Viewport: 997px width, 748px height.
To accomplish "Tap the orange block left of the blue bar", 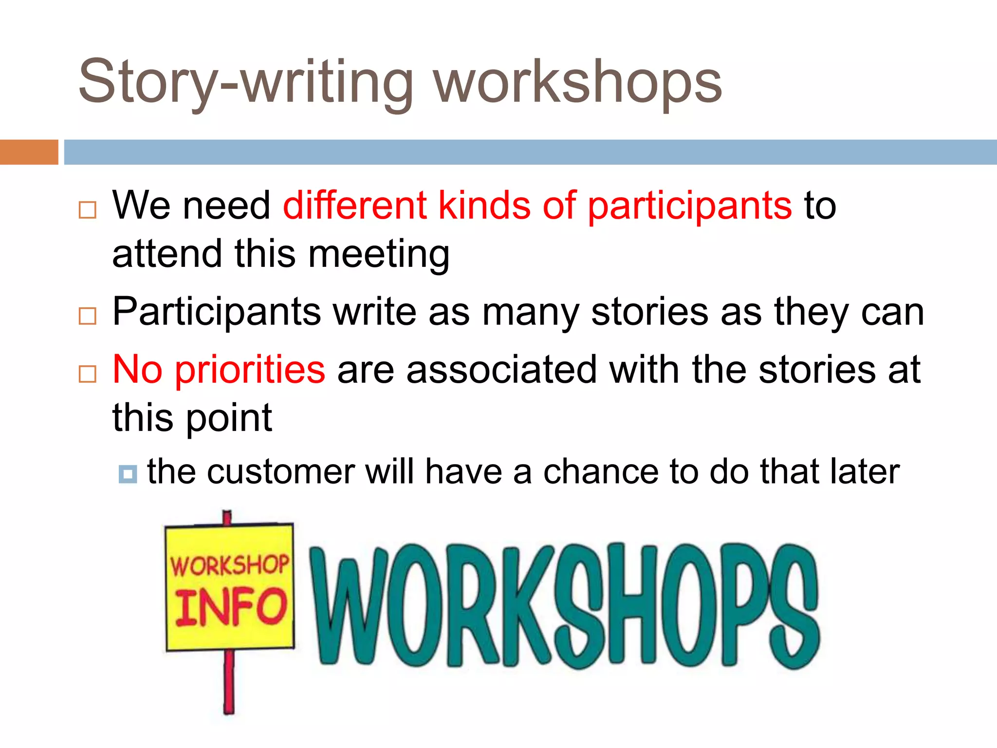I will point(29,152).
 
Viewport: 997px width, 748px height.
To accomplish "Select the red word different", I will point(355,206).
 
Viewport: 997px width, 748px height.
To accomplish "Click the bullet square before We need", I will point(88,210).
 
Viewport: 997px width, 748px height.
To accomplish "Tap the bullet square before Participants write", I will point(88,316).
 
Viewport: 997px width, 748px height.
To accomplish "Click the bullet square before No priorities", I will point(88,374).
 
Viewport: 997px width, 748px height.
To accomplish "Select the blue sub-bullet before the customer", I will point(128,474).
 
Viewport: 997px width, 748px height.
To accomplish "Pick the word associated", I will point(501,370).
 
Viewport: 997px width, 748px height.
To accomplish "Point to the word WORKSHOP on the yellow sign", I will point(229,566).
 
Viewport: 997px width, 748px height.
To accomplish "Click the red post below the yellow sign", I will point(229,682).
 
